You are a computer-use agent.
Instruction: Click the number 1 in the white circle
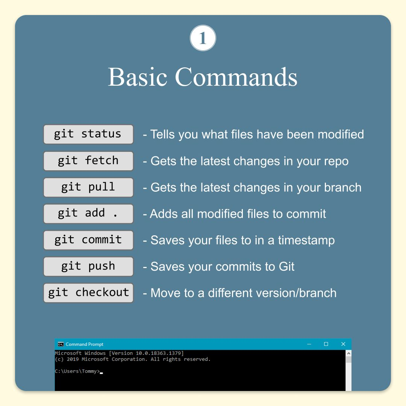(x=203, y=38)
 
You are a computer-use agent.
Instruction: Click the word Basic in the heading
(x=138, y=77)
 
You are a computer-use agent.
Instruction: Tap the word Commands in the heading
(x=236, y=77)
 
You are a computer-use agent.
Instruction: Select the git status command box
(x=88, y=134)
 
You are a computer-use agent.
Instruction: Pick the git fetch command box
(x=88, y=161)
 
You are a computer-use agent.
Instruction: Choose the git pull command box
(x=88, y=187)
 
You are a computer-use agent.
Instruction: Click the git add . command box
(x=88, y=214)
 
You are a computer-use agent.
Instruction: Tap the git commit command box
(x=88, y=240)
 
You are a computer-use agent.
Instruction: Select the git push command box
(x=88, y=267)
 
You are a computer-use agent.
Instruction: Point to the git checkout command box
(x=88, y=293)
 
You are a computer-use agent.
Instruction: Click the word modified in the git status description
(x=341, y=134)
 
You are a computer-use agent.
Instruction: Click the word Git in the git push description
(x=286, y=267)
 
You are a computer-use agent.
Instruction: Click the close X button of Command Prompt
(x=343, y=344)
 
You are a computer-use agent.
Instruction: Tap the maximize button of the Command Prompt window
(x=326, y=344)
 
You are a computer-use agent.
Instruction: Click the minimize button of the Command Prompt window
(x=309, y=344)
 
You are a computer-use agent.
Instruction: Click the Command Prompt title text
(x=85, y=344)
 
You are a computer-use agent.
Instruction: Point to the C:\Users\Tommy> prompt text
(x=77, y=371)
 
